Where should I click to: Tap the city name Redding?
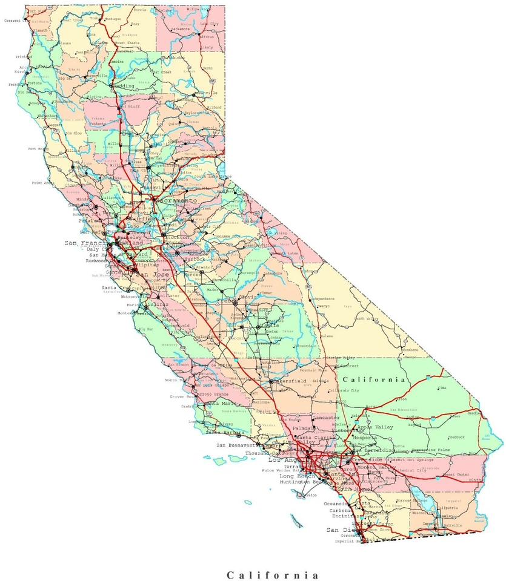pos(126,85)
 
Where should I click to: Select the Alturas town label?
pos(207,36)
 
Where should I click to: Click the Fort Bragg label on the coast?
pos(38,148)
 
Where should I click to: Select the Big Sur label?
pos(146,329)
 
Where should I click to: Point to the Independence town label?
pos(322,299)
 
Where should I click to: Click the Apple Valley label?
pos(376,427)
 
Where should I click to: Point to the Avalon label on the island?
pos(311,495)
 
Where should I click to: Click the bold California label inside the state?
pos(373,379)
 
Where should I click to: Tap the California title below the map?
pos(272,574)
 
